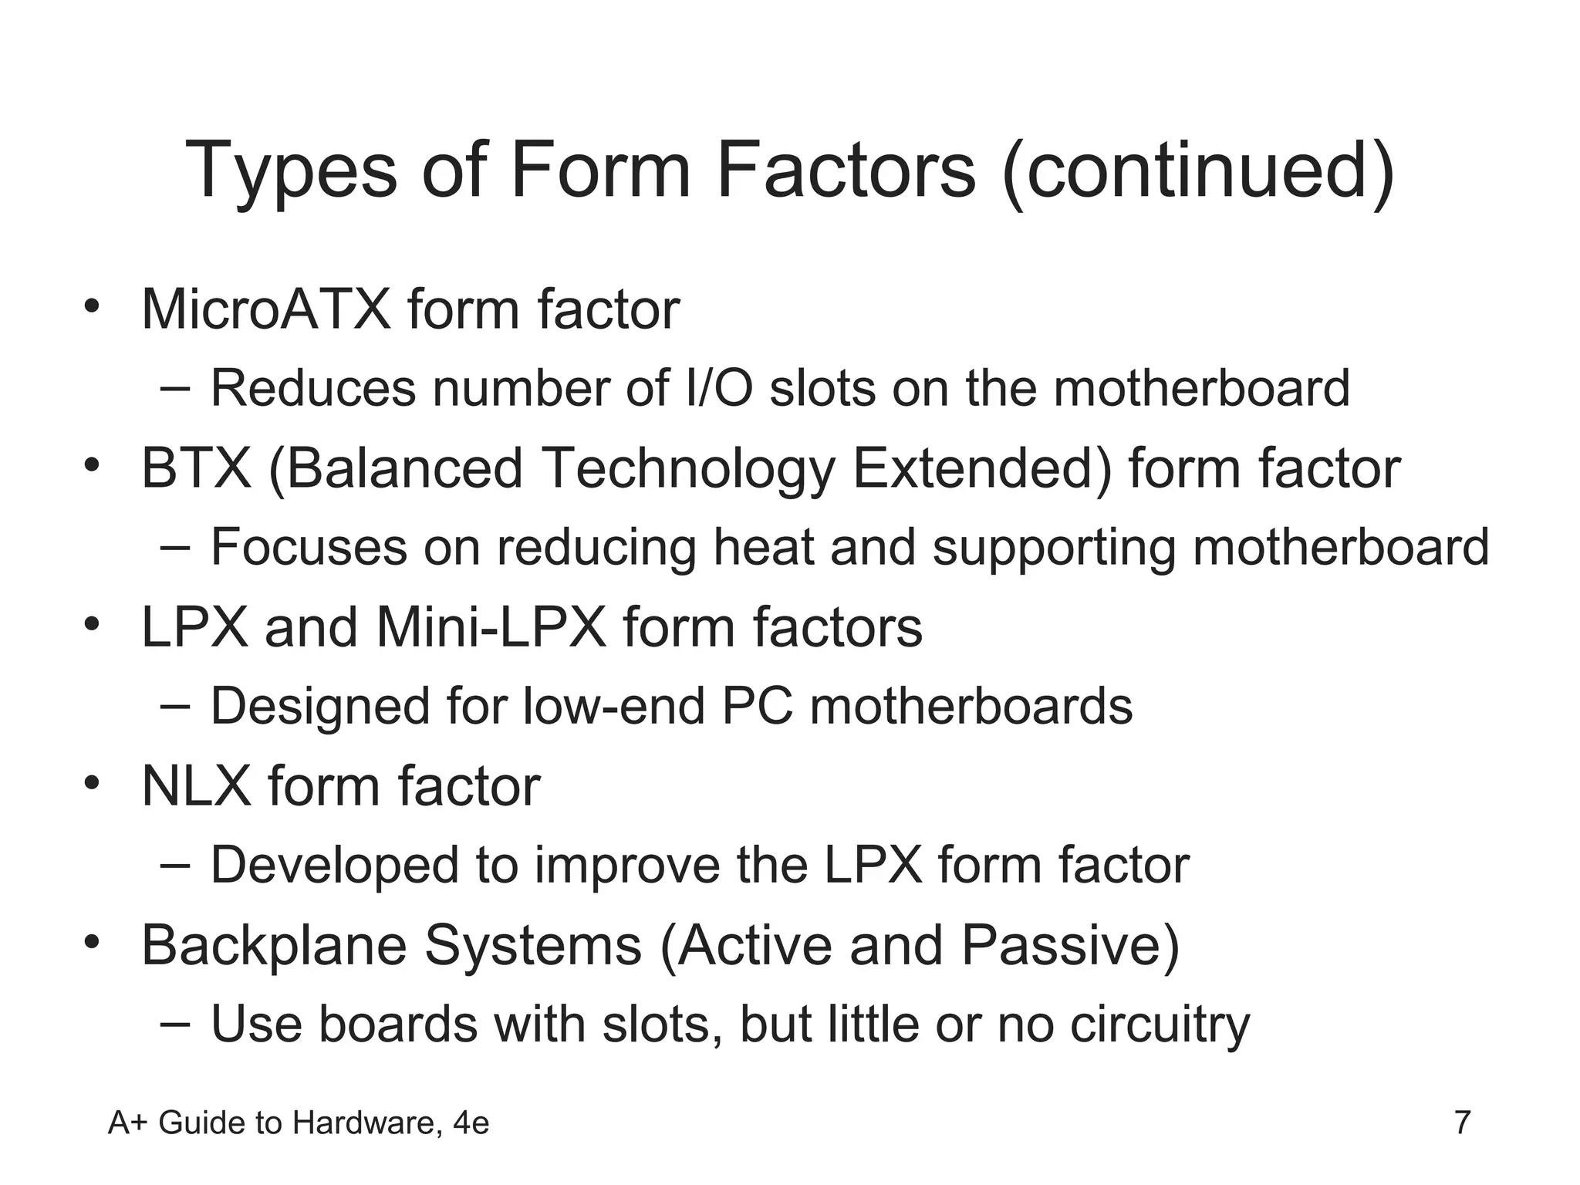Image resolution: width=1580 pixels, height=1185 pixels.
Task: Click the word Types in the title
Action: click(292, 170)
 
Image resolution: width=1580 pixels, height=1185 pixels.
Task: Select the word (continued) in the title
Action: click(1198, 170)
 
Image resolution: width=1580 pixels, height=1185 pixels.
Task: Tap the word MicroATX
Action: click(266, 309)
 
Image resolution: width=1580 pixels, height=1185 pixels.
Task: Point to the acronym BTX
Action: click(197, 468)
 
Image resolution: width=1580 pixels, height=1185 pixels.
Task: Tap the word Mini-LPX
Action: click(491, 627)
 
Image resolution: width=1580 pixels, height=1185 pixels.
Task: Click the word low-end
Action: click(613, 706)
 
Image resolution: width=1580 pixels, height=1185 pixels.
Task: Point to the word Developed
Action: click(335, 866)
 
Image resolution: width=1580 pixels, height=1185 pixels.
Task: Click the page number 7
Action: click(1462, 1123)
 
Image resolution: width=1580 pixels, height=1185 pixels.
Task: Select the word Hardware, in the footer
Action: click(368, 1124)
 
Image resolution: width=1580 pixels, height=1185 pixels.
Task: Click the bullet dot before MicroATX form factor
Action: click(93, 306)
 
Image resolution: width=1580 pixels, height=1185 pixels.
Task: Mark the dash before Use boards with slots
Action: click(175, 1023)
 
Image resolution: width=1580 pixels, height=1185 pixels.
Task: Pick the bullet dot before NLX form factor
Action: click(93, 783)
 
